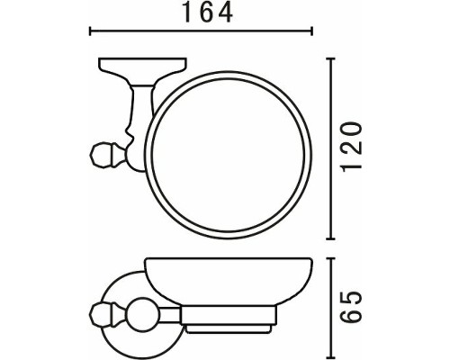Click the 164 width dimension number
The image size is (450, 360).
[x=208, y=13]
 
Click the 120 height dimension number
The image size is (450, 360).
[x=353, y=147]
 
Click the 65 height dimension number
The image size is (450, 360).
[x=353, y=307]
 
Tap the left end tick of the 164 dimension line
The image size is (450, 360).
[x=90, y=31]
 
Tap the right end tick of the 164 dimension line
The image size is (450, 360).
[x=312, y=31]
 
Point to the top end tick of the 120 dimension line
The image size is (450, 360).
[x=330, y=58]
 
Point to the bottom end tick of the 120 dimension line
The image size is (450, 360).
[x=330, y=238]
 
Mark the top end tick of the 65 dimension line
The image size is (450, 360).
[x=330, y=258]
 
